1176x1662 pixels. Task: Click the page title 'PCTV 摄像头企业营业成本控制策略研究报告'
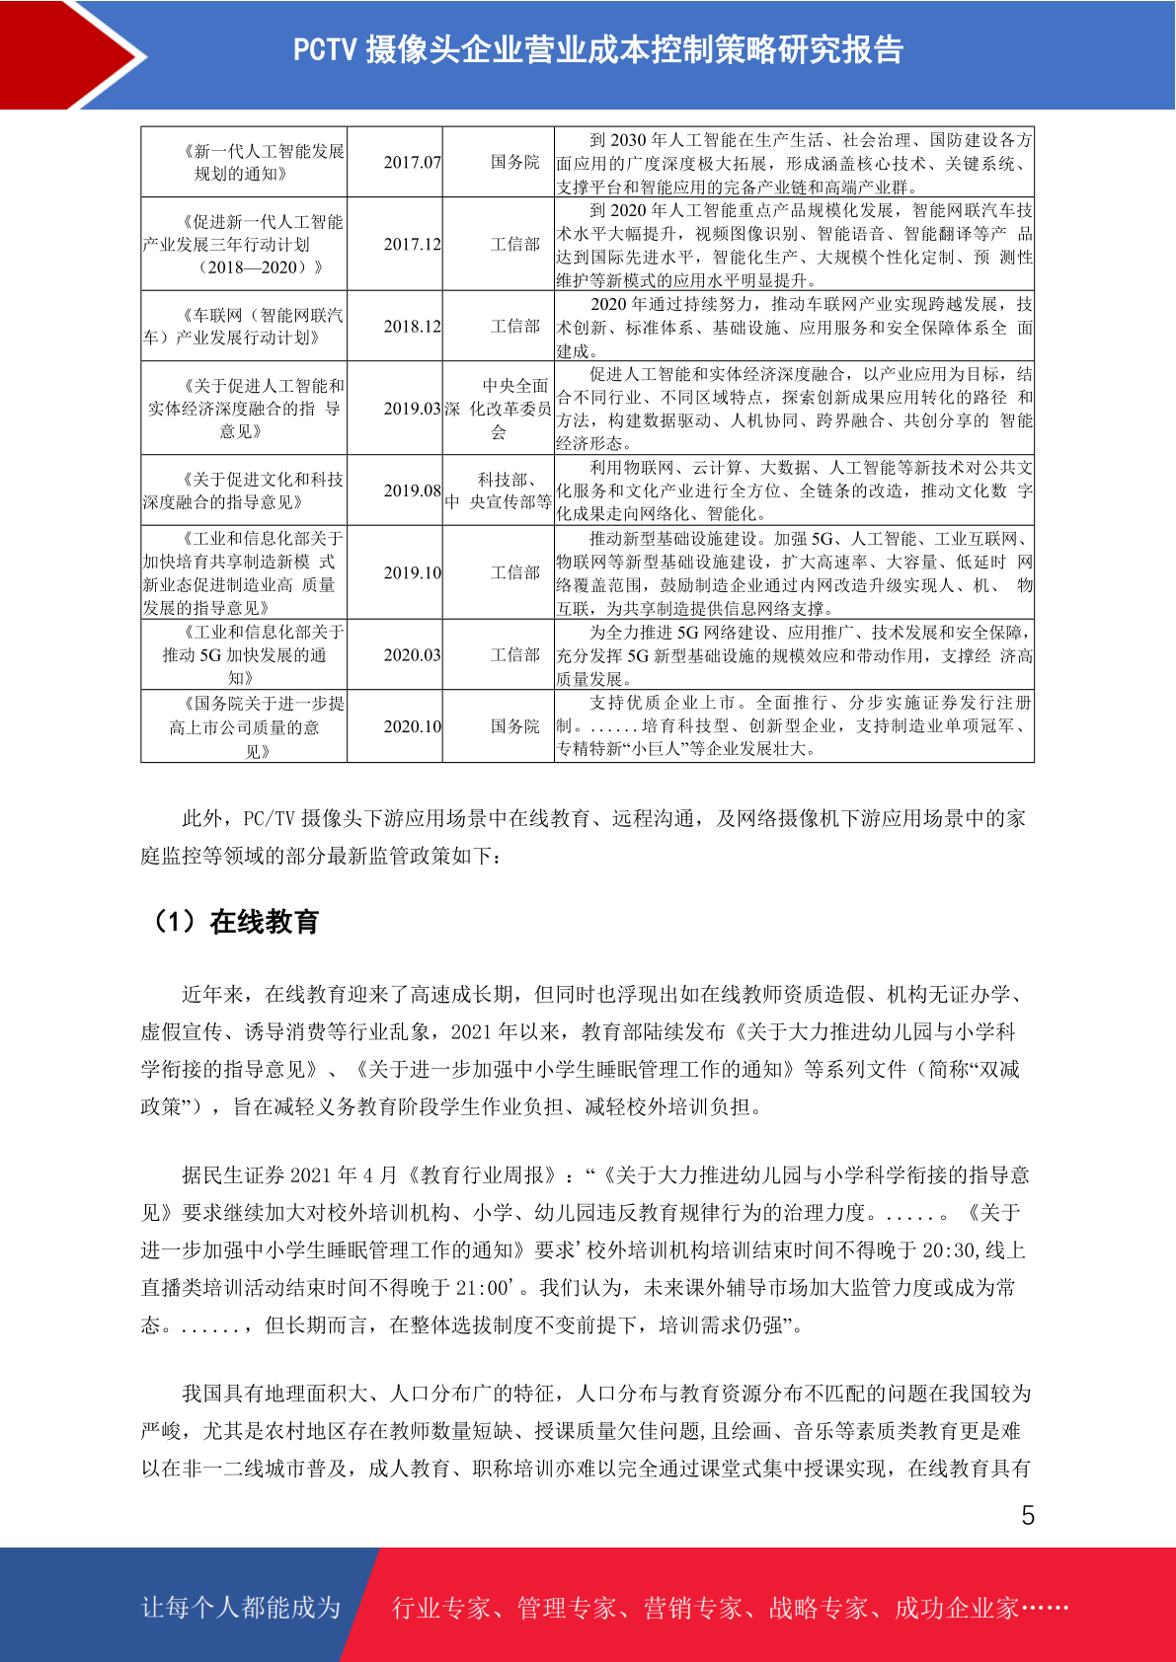click(x=598, y=49)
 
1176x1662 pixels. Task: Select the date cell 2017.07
click(x=412, y=162)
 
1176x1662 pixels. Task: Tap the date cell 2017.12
click(x=412, y=244)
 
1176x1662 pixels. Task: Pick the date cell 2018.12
click(x=412, y=326)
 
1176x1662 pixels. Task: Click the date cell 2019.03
click(x=412, y=409)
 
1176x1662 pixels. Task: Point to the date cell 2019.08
click(x=412, y=491)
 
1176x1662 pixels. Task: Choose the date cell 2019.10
click(x=412, y=572)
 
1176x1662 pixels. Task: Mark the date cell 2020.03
click(x=412, y=654)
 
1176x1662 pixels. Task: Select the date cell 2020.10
click(x=412, y=726)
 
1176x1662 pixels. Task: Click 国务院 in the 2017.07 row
click(x=514, y=162)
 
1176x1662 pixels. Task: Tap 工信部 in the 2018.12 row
click(x=514, y=326)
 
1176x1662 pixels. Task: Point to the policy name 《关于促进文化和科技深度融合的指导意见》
click(x=244, y=491)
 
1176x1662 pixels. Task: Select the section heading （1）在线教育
click(x=235, y=922)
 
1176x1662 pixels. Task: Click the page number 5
click(x=1028, y=1516)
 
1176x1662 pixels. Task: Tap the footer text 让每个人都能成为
click(x=241, y=1608)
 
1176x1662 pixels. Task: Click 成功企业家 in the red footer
click(x=956, y=1608)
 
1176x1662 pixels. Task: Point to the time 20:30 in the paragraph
click(x=949, y=1250)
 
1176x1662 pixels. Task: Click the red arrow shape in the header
click(x=69, y=54)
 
